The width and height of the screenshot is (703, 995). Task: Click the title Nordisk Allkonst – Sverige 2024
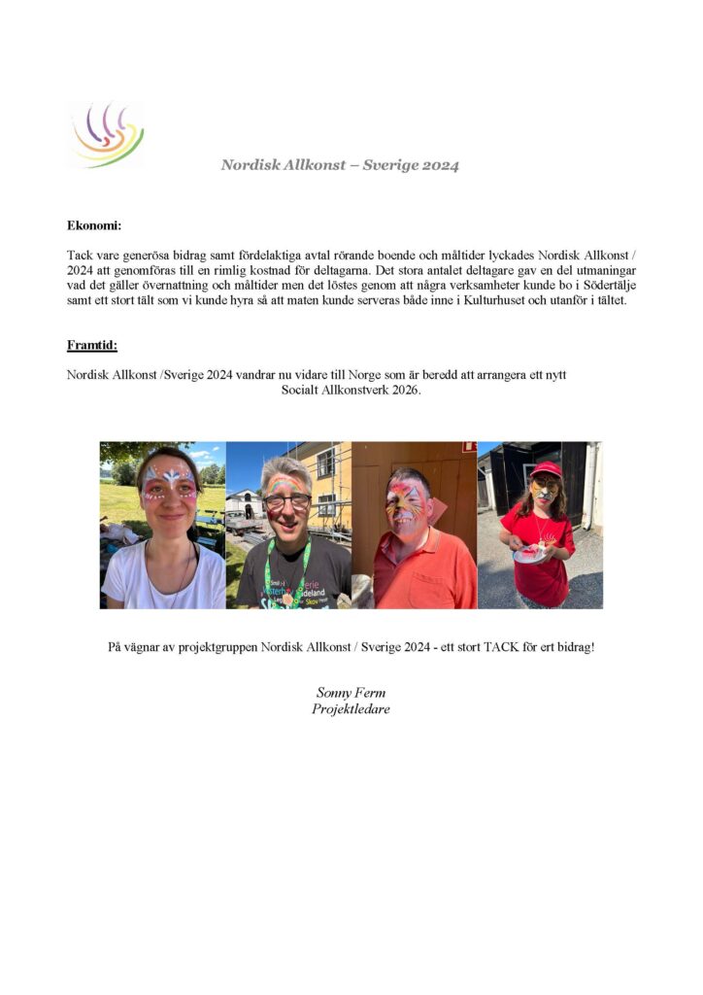(x=340, y=165)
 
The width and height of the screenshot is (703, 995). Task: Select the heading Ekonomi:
(x=94, y=225)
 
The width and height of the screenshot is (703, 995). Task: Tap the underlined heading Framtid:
(x=91, y=345)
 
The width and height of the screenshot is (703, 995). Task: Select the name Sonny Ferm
(x=351, y=693)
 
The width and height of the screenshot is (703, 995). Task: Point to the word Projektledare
(x=351, y=708)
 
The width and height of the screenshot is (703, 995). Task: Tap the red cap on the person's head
(x=546, y=468)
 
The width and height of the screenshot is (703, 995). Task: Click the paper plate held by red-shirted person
(x=528, y=553)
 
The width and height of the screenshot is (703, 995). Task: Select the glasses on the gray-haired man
(x=286, y=499)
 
